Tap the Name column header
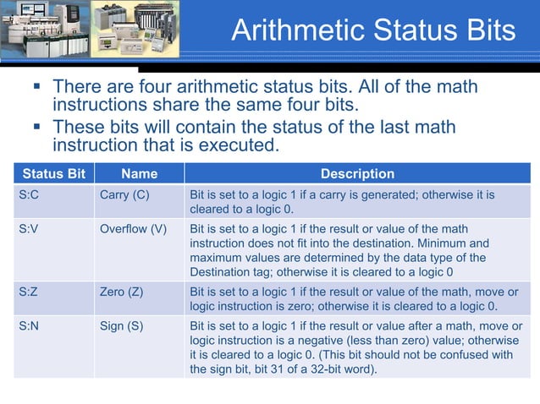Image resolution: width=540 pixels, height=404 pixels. coord(139,174)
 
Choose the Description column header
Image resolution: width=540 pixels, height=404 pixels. coord(356,174)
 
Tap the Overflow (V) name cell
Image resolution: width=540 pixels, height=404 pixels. coord(134,229)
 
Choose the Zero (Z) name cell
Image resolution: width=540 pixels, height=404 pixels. coord(122,292)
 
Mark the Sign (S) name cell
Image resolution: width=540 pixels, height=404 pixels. coord(121,326)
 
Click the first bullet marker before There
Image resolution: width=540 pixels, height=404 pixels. coord(37,86)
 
